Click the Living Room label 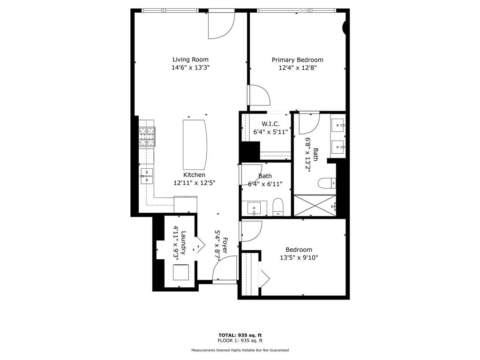pyautogui.click(x=190, y=60)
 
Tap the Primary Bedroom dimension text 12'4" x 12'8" pyautogui.click(x=298, y=68)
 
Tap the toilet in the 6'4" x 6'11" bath pyautogui.click(x=278, y=208)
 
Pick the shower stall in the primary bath pyautogui.click(x=315, y=205)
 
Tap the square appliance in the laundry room pyautogui.click(x=181, y=272)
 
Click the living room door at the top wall pyautogui.click(x=221, y=24)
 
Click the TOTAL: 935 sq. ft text pyautogui.click(x=240, y=335)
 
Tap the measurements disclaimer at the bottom pyautogui.click(x=240, y=350)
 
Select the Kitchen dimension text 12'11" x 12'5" pyautogui.click(x=194, y=182)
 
